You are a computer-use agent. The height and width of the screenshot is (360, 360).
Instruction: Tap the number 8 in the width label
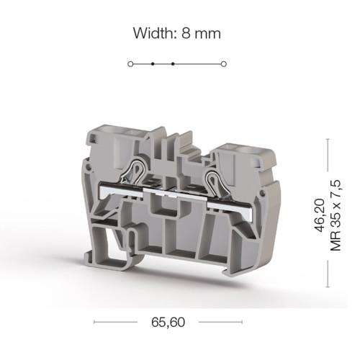coord(186,33)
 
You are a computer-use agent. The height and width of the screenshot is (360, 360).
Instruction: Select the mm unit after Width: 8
coord(207,35)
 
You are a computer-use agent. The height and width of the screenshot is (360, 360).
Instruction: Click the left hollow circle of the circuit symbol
coord(130,64)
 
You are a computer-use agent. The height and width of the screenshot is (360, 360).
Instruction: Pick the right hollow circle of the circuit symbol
coord(224,64)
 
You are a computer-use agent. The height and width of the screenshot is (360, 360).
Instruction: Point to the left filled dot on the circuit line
coord(153,64)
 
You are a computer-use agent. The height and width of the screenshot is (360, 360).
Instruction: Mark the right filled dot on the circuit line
coord(173,64)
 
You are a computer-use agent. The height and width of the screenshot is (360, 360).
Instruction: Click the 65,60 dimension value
coord(168,322)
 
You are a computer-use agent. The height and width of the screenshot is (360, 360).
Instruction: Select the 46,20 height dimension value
coord(320,215)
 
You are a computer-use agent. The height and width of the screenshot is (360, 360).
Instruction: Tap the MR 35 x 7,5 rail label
coord(336,215)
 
